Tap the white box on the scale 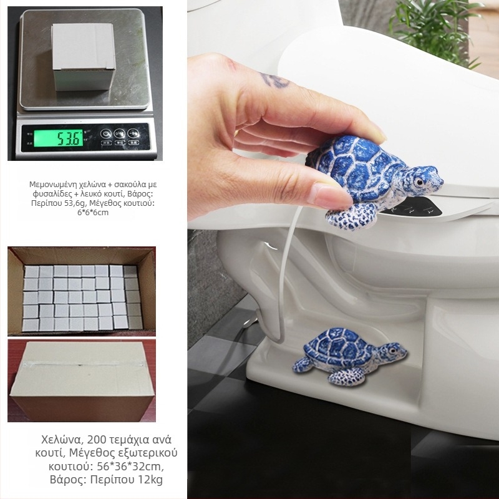click(x=84, y=57)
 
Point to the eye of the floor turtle click(x=392, y=351)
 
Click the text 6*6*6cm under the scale click(x=92, y=213)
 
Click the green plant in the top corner click(x=435, y=29)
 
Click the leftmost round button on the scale click(x=106, y=133)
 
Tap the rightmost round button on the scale click(x=133, y=133)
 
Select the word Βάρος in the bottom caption click(x=67, y=480)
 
